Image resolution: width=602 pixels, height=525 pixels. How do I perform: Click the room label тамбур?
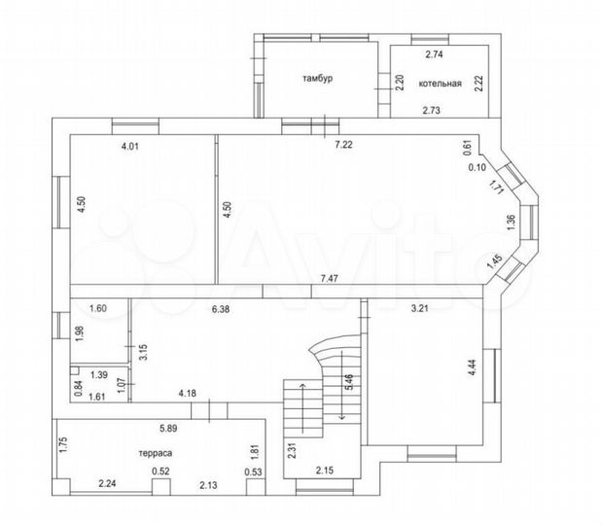tap(318, 79)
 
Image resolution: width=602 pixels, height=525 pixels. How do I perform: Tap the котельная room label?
tap(440, 84)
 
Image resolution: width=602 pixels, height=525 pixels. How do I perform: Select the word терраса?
tap(156, 453)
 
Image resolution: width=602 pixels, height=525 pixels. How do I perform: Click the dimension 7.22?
tap(343, 145)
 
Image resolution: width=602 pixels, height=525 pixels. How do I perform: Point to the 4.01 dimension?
tap(129, 146)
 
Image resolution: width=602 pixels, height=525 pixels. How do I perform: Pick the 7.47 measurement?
tap(330, 278)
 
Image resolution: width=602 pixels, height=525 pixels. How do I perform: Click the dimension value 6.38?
tap(221, 309)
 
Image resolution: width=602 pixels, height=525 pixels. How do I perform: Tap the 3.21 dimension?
tap(419, 308)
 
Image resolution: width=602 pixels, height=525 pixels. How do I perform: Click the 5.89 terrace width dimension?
tap(168, 429)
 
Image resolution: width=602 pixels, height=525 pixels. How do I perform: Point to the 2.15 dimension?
tap(325, 471)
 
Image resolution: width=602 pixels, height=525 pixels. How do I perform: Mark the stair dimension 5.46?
tap(349, 383)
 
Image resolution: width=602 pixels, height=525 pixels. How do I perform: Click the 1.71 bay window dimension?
tap(496, 188)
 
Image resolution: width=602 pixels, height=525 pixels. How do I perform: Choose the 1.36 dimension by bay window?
tap(511, 223)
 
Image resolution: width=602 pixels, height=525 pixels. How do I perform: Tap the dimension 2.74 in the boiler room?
tap(434, 54)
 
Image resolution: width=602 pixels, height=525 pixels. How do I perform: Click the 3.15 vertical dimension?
tap(144, 352)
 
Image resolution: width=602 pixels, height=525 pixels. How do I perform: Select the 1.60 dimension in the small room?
tap(98, 308)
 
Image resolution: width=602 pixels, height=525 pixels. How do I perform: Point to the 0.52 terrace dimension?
tap(160, 471)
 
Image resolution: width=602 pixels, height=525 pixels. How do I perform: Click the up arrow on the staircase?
tap(302, 407)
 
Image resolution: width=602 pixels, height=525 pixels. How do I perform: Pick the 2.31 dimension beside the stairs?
tap(292, 451)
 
